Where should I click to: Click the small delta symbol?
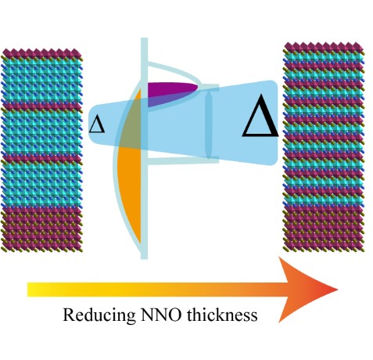click(x=97, y=124)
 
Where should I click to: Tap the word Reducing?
click(x=99, y=315)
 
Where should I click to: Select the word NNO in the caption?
click(x=160, y=314)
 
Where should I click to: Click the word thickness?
click(x=222, y=314)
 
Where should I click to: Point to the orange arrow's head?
click(x=307, y=290)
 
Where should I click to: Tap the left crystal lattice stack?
click(x=41, y=150)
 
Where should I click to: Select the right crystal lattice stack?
click(x=324, y=147)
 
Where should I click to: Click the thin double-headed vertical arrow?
click(x=208, y=124)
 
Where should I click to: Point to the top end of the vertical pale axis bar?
click(x=144, y=38)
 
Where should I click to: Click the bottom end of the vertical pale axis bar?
click(x=144, y=258)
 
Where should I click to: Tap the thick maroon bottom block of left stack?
click(x=41, y=229)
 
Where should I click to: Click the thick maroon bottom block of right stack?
click(x=324, y=229)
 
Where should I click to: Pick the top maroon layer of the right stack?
click(x=324, y=48)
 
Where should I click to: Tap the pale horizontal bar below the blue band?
click(x=182, y=160)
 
